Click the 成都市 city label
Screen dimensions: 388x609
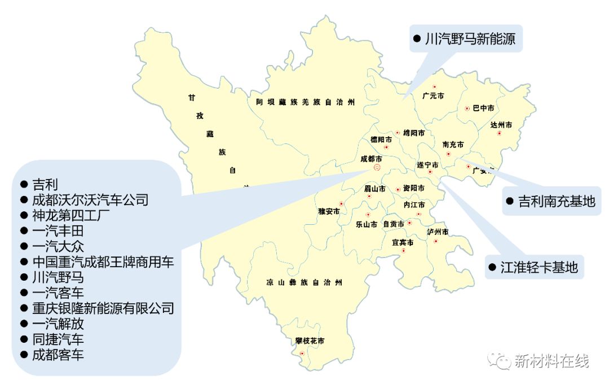coord(371,159)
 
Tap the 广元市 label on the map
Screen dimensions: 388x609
coord(433,96)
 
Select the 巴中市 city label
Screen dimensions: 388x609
coord(483,108)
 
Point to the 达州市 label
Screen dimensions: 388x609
coord(501,125)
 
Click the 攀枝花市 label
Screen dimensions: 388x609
coord(310,341)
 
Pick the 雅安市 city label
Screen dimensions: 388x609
coord(329,211)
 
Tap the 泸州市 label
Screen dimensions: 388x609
coord(438,232)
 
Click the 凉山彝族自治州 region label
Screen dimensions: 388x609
coord(304,282)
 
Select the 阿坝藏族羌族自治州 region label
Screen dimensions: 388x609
coord(305,102)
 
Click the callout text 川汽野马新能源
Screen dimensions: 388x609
coord(470,39)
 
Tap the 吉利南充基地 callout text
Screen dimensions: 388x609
coord(557,202)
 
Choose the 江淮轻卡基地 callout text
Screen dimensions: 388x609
coord(539,267)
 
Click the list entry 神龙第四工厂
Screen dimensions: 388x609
coord(74,215)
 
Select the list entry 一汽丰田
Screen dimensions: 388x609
coord(58,230)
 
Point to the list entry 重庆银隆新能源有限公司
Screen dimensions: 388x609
coord(103,308)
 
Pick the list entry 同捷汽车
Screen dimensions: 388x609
coord(58,339)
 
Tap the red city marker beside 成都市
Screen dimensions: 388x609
coord(377,168)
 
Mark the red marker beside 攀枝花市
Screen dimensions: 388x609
coord(303,354)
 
